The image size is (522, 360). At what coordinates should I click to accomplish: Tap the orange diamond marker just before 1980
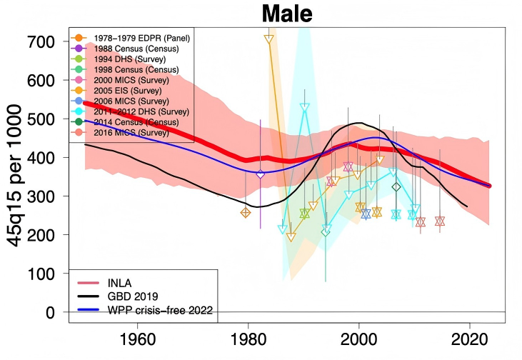click(x=246, y=212)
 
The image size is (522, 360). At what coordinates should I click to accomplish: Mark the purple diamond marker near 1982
click(x=260, y=174)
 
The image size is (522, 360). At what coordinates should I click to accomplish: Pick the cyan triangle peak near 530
click(x=305, y=108)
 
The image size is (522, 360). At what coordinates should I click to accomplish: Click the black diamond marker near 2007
click(x=397, y=187)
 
